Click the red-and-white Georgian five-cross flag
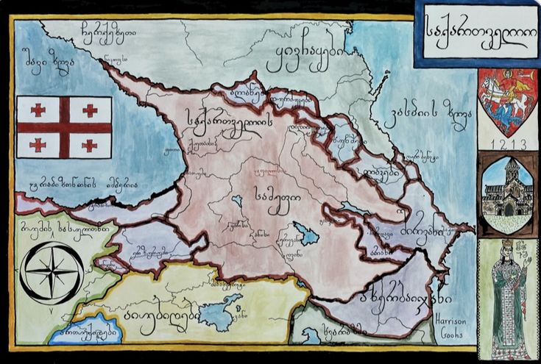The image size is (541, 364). pyautogui.click(x=64, y=126)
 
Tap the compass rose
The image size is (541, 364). pyautogui.click(x=52, y=272)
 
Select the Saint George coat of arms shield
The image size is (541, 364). pyautogui.click(x=508, y=101)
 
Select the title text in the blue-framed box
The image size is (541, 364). pyautogui.click(x=477, y=35)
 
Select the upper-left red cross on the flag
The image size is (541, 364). pyautogui.click(x=38, y=110)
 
